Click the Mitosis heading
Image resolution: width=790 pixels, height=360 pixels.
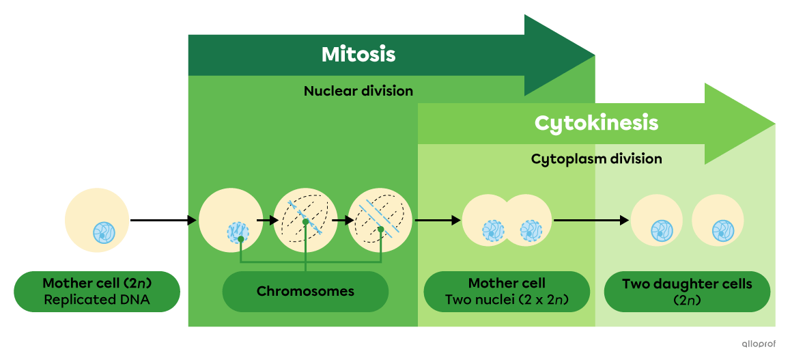click(x=358, y=55)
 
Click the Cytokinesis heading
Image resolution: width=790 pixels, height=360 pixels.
click(x=596, y=123)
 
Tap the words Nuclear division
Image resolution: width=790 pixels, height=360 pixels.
click(x=358, y=91)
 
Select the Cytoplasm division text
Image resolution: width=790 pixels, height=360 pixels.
click(x=596, y=159)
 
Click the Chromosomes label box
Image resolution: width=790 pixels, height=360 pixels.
click(x=305, y=292)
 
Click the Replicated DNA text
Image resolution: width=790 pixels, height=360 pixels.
click(x=96, y=299)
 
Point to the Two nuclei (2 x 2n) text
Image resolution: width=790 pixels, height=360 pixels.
click(x=507, y=299)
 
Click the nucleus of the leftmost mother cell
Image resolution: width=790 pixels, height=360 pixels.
click(x=104, y=232)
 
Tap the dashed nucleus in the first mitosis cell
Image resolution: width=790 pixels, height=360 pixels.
click(x=237, y=232)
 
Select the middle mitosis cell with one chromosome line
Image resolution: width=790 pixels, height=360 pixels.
click(x=305, y=220)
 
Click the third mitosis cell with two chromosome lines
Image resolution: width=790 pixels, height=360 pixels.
click(x=380, y=220)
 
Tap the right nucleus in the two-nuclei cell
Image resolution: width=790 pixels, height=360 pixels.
click(x=531, y=230)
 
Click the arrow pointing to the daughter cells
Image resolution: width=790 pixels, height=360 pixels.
click(x=591, y=220)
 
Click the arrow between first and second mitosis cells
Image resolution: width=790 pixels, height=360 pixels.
click(x=268, y=220)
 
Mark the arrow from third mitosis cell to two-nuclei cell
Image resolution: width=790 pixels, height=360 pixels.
click(x=438, y=220)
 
